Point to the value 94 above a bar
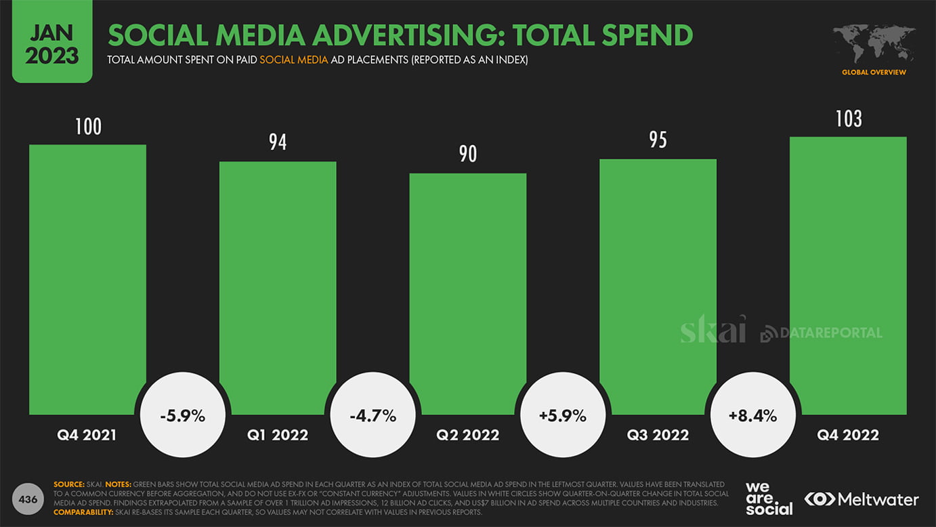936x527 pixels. [278, 142]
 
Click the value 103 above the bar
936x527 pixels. [848, 119]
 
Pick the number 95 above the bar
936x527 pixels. [658, 140]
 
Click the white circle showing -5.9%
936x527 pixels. [183, 415]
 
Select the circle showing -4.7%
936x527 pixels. [373, 415]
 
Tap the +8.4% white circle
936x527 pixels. [752, 415]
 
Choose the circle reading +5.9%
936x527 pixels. [563, 415]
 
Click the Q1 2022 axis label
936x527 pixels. [278, 435]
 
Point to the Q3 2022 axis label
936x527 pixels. [658, 435]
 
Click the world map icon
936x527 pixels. [874, 44]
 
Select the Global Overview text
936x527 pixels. [874, 72]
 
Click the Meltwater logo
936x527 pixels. [861, 500]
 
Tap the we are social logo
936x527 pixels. [768, 499]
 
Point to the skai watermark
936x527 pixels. [712, 330]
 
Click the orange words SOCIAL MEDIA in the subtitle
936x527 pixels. [293, 60]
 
